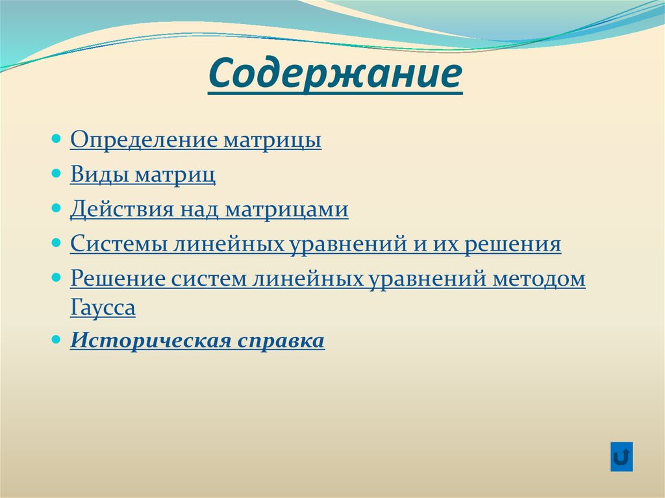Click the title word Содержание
(335, 75)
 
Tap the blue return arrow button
(621, 456)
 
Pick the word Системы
(116, 245)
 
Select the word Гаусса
(103, 308)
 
